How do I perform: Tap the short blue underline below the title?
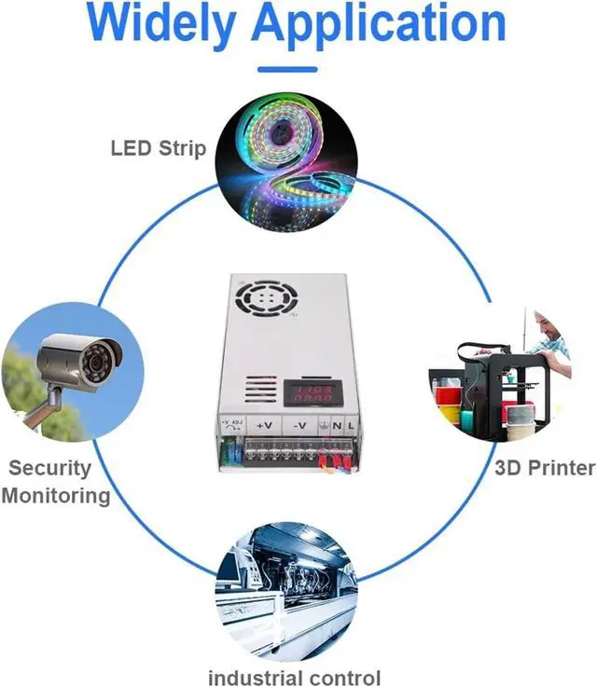coord(286,69)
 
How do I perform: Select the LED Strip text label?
coord(158,147)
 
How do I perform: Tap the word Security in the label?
coord(50,468)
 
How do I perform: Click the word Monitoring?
coord(56,495)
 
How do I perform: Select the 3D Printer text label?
coord(545,467)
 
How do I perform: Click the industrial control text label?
coord(294,678)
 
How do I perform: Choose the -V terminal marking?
coord(298,426)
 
